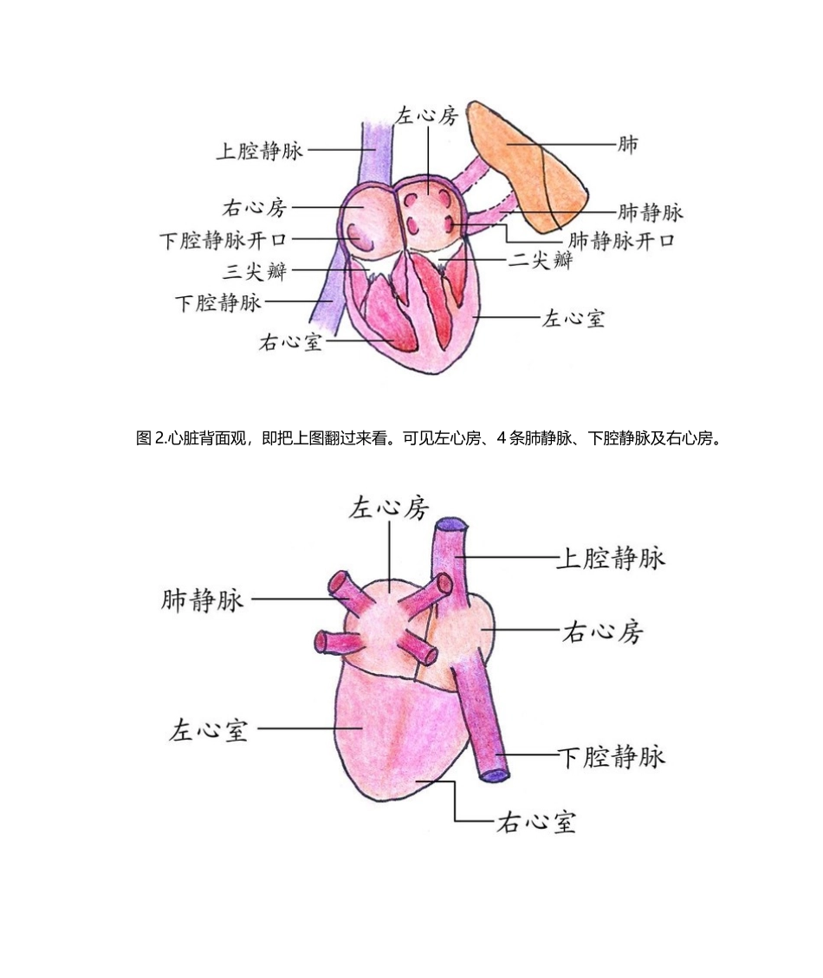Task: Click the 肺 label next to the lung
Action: tap(627, 144)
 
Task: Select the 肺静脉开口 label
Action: tap(621, 240)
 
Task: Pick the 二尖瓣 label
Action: tap(540, 260)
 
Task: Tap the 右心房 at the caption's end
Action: tap(693, 438)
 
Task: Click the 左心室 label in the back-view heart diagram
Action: tap(209, 729)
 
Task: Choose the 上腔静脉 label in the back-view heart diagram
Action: tap(611, 557)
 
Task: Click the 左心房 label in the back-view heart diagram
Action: tap(389, 508)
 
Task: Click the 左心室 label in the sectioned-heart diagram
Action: tap(574, 318)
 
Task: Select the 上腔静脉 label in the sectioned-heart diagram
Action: tap(259, 151)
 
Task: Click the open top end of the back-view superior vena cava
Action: tap(452, 525)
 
